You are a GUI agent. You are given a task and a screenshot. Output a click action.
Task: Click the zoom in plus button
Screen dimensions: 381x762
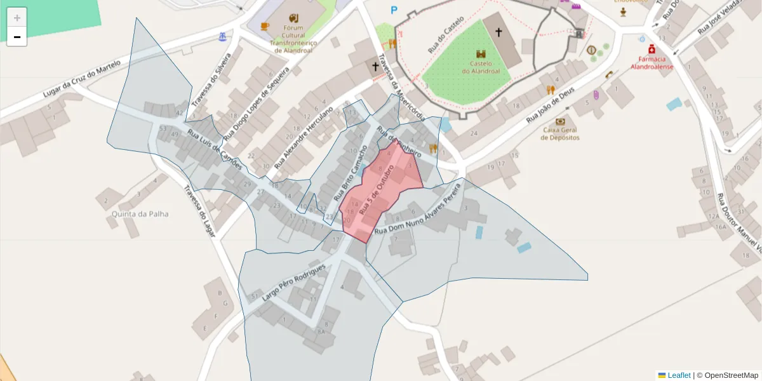(x=17, y=18)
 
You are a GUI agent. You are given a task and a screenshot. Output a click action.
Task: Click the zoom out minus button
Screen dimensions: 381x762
(x=17, y=37)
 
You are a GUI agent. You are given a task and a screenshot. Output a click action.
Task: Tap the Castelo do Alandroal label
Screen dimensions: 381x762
(x=485, y=67)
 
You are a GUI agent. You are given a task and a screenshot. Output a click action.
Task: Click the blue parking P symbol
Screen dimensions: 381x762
(x=394, y=10)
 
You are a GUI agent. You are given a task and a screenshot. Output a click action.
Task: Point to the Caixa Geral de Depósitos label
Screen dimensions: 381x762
(x=561, y=133)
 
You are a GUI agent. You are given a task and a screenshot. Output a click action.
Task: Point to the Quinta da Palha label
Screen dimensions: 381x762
(x=140, y=214)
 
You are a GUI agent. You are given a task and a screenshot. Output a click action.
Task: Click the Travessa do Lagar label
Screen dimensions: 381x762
(x=199, y=211)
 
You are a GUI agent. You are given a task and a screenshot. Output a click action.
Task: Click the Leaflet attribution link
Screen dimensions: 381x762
(x=679, y=375)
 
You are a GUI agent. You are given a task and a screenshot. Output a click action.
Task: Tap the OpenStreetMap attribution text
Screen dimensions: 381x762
(x=731, y=375)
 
